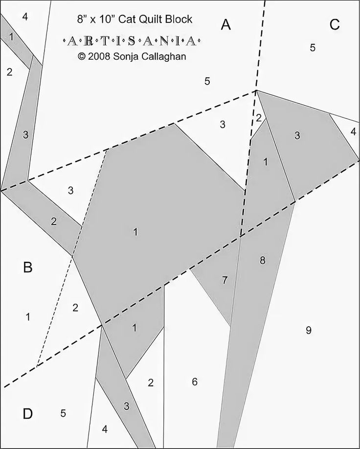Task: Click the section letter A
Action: (x=225, y=25)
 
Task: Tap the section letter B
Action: (x=28, y=268)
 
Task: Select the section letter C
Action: (x=335, y=25)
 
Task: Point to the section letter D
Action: (x=27, y=414)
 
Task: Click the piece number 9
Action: (x=309, y=331)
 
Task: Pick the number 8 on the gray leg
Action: (x=262, y=260)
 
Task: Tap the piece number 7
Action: (x=225, y=280)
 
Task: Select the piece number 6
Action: (x=195, y=382)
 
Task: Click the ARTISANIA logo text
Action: (x=132, y=42)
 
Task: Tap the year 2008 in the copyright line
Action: (x=99, y=56)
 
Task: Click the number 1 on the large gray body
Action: (x=135, y=232)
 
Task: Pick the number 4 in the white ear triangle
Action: (x=353, y=132)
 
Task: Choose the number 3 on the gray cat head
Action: (x=297, y=135)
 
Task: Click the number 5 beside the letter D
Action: (x=63, y=413)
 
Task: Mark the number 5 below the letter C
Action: (x=313, y=47)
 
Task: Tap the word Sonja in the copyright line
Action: (x=125, y=56)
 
